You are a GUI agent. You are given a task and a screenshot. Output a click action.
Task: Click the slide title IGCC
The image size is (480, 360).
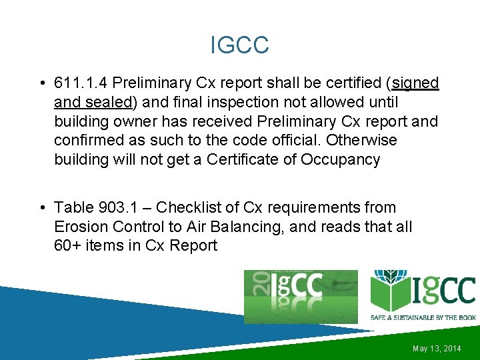click(x=239, y=45)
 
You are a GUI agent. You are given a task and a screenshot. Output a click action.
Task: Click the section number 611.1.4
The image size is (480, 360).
click(x=82, y=83)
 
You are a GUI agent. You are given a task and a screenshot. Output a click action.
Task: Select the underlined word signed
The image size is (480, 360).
click(x=416, y=83)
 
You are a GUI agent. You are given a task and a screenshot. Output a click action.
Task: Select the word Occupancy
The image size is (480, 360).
click(x=342, y=160)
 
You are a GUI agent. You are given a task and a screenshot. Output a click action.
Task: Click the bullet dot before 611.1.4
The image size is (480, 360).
click(x=41, y=84)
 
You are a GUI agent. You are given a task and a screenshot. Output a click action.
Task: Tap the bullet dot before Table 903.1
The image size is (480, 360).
click(x=41, y=209)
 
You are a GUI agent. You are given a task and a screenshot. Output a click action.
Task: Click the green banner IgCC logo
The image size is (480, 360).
click(x=301, y=297)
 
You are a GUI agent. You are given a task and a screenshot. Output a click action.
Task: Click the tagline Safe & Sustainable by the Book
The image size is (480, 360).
click(x=423, y=317)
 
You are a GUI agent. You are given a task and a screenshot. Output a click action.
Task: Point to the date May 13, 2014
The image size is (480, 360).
click(x=437, y=349)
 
